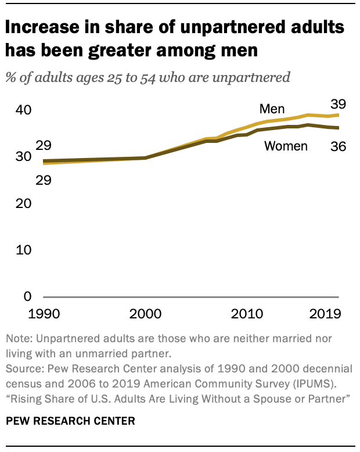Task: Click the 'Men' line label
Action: coord(272,109)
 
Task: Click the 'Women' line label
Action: coord(286,146)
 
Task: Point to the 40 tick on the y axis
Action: coord(23,110)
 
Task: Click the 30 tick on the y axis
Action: coord(23,156)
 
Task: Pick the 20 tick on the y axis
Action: coord(23,203)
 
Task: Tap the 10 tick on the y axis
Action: coord(23,250)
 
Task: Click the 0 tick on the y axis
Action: coord(26,297)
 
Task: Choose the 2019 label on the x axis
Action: coord(325,314)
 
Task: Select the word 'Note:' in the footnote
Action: coord(18,339)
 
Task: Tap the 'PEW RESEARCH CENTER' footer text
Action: coord(70,421)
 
